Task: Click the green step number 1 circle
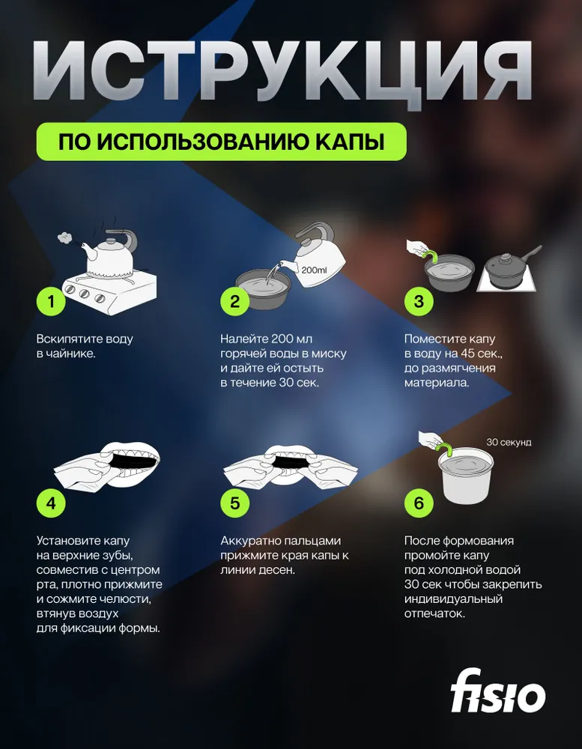(51, 301)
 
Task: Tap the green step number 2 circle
(234, 301)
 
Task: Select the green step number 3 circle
(419, 301)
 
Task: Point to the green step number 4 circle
(51, 503)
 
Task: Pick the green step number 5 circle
(234, 503)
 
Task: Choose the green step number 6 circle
(419, 503)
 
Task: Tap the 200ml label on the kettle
(314, 270)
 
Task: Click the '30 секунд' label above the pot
(509, 443)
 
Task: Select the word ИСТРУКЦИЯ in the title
(282, 70)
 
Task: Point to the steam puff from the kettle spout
(64, 237)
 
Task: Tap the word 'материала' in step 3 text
(436, 383)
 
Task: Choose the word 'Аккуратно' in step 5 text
(250, 541)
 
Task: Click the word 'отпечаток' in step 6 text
(434, 614)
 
